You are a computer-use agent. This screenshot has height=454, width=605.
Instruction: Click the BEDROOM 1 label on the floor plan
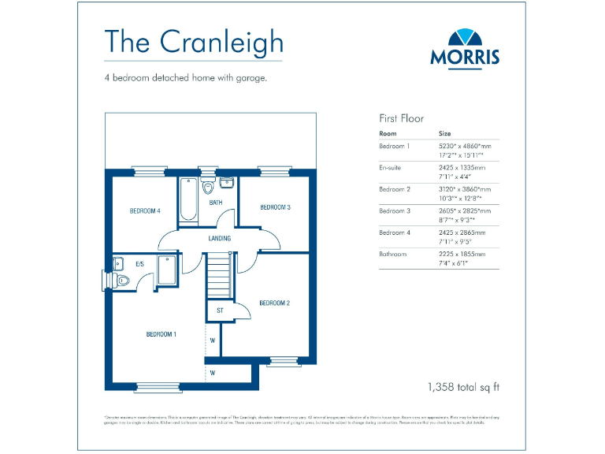click(x=161, y=334)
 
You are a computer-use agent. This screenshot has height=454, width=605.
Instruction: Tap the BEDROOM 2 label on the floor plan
click(x=274, y=303)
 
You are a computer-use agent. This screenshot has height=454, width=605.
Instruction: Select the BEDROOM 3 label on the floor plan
click(x=276, y=207)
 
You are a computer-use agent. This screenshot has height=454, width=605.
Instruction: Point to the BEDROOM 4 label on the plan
click(x=145, y=211)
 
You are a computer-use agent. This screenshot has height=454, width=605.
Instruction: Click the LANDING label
click(x=219, y=238)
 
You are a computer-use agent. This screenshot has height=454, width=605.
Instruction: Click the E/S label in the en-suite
click(x=139, y=263)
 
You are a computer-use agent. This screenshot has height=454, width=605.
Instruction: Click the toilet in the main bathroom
click(x=208, y=188)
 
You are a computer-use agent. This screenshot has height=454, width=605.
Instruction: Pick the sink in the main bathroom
click(x=226, y=184)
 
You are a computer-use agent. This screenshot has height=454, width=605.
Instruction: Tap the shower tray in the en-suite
click(x=168, y=270)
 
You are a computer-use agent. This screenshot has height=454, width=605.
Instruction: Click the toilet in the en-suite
click(x=121, y=280)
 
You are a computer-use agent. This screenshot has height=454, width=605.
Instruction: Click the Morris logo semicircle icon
click(x=465, y=38)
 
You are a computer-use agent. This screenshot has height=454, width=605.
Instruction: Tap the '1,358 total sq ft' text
click(x=463, y=387)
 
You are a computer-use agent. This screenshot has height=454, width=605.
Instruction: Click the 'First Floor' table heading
click(x=402, y=118)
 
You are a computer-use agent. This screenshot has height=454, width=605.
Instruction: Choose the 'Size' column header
click(x=445, y=134)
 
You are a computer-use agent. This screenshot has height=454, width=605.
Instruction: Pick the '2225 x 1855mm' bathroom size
click(x=462, y=254)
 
